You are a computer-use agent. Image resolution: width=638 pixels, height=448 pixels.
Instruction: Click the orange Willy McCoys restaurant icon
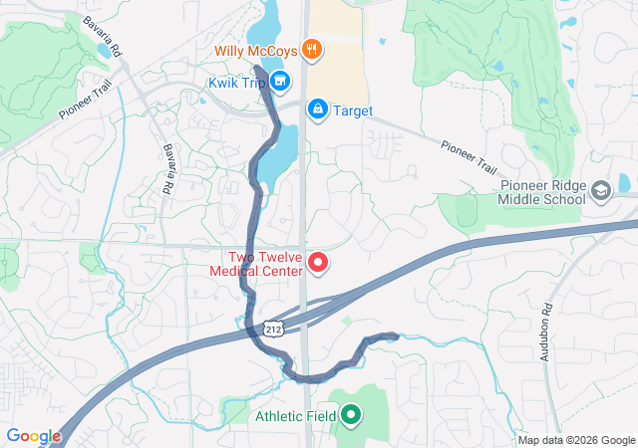coord(311,49)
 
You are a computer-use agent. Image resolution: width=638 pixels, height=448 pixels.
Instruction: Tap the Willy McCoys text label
coord(256,49)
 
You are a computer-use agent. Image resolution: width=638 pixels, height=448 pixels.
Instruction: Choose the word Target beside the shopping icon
coord(352,111)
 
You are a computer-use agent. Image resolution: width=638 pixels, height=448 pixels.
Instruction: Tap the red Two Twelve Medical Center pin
coord(318,263)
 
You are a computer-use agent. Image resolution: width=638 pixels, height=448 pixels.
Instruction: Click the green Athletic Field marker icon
coord(351,415)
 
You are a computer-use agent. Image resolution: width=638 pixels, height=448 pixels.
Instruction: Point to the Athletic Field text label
coord(296,416)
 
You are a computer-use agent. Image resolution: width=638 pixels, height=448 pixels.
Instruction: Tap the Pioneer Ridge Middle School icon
coord(600,189)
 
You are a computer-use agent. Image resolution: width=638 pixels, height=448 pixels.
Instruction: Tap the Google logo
coord(33,435)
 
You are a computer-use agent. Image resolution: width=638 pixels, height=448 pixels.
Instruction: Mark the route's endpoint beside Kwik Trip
coord(258,69)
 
